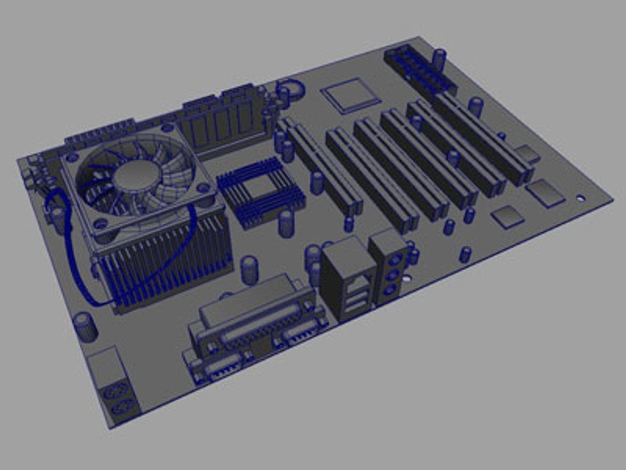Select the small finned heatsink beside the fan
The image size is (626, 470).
[260, 192]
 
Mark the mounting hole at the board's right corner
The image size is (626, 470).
[580, 198]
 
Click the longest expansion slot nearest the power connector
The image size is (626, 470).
[483, 139]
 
